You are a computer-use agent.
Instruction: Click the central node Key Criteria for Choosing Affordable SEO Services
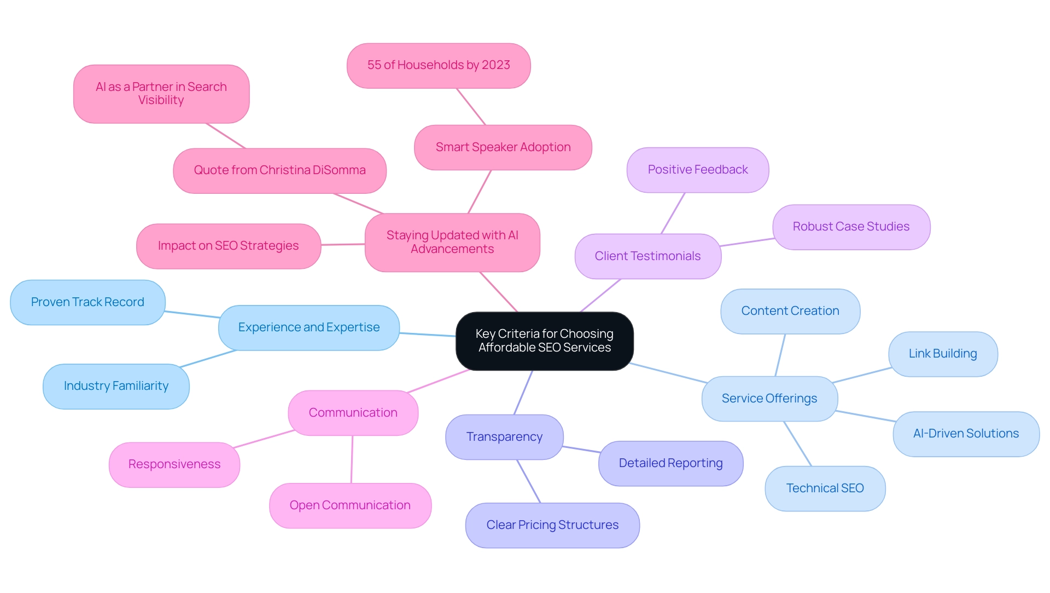[x=544, y=341]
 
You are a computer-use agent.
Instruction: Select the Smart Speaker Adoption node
[x=503, y=147]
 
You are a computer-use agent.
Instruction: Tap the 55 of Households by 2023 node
[x=438, y=65]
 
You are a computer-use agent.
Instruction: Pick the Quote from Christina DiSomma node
[x=279, y=170]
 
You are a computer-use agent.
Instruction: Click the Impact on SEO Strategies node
[x=228, y=246]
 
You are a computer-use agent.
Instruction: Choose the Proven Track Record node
[x=87, y=302]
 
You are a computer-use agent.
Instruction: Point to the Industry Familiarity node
[x=116, y=386]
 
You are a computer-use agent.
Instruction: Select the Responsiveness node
[x=174, y=464]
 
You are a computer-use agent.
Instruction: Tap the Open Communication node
[x=350, y=505]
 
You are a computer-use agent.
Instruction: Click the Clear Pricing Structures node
[x=552, y=525]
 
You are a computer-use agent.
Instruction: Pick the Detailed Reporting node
[x=670, y=463]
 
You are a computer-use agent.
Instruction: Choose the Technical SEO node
[x=825, y=488]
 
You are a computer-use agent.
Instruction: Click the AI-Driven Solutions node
[x=966, y=434]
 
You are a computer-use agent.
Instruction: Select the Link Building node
[x=943, y=354]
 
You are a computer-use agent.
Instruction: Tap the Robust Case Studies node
[x=851, y=227]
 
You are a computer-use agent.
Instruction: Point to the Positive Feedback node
[x=697, y=170]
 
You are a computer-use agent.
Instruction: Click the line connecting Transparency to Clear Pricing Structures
[x=528, y=481]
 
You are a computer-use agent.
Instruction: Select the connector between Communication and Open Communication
[x=352, y=459]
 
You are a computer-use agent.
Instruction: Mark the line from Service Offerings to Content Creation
[x=780, y=355]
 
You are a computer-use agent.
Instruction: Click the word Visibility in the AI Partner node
[x=161, y=100]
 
